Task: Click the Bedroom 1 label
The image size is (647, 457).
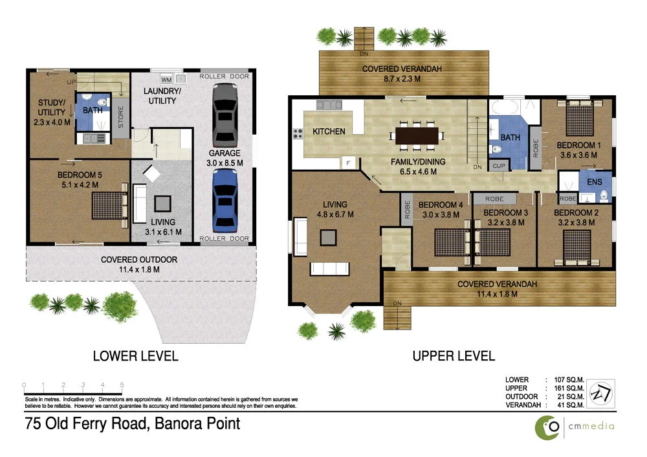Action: pos(578,146)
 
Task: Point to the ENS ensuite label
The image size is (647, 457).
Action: pos(594,183)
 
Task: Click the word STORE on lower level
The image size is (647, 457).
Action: pos(120,118)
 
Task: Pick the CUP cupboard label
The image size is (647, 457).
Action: pos(498,166)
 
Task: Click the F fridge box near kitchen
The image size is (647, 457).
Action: pos(349,162)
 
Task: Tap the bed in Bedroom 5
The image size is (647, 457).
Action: pos(108,206)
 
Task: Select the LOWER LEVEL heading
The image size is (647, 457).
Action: pos(135,355)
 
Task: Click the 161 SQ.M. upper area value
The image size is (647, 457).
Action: pos(566,388)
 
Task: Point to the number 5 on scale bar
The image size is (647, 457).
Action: pos(122,385)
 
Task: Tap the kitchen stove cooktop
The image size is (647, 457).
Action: pos(298,135)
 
